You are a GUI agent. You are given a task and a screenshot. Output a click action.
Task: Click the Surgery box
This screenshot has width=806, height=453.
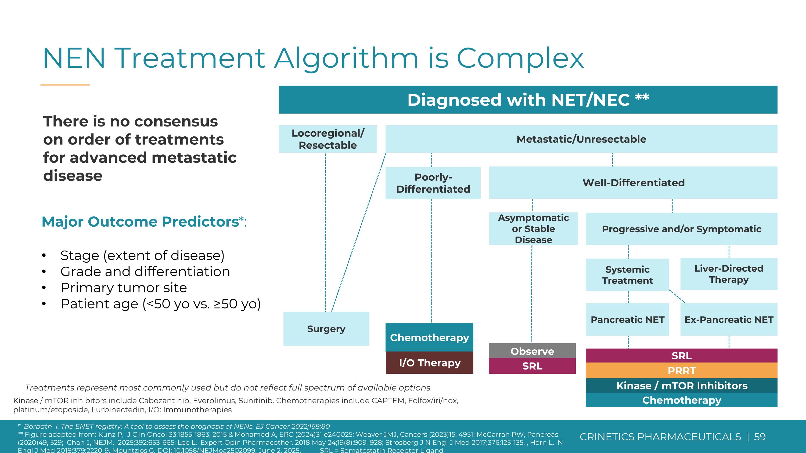pos(326,329)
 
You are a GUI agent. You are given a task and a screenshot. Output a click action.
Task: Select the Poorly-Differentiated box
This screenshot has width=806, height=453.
pos(433,183)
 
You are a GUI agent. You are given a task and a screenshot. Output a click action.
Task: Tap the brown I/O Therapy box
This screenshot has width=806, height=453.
pos(429,363)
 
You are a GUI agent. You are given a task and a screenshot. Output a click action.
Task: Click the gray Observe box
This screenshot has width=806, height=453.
pos(532,351)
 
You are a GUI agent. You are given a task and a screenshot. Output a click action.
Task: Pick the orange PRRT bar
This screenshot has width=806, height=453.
pos(681,371)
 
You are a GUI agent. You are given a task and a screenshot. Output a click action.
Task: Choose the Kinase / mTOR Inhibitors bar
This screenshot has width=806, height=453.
pos(681,386)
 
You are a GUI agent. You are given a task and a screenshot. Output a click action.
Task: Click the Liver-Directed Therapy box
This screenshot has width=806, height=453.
pos(729,274)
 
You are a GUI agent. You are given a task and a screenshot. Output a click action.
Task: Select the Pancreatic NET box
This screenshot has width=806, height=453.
pos(627,320)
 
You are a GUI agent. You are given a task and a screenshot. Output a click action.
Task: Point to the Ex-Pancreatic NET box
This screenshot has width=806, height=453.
pos(729,320)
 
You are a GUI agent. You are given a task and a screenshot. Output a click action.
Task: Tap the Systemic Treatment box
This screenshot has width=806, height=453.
pos(627,275)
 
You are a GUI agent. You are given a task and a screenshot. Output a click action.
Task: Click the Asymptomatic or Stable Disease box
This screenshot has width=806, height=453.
pos(533,229)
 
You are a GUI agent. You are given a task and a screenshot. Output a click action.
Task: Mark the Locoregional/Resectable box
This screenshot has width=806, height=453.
pos(328,139)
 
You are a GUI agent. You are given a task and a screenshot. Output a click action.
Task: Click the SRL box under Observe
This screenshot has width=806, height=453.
pos(532,366)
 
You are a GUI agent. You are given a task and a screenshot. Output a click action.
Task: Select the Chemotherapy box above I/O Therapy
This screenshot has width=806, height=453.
pos(429,337)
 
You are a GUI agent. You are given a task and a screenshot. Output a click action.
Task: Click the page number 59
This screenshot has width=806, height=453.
pos(760,437)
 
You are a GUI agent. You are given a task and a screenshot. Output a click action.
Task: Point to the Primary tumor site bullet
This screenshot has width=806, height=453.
pos(124,288)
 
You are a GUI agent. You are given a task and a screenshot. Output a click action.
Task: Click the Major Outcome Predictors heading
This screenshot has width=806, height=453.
pos(141,222)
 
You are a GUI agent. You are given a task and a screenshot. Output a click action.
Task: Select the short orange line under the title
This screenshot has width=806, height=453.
pos(65,85)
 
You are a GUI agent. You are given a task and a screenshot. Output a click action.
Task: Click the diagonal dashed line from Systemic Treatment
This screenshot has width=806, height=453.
pos(677,297)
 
